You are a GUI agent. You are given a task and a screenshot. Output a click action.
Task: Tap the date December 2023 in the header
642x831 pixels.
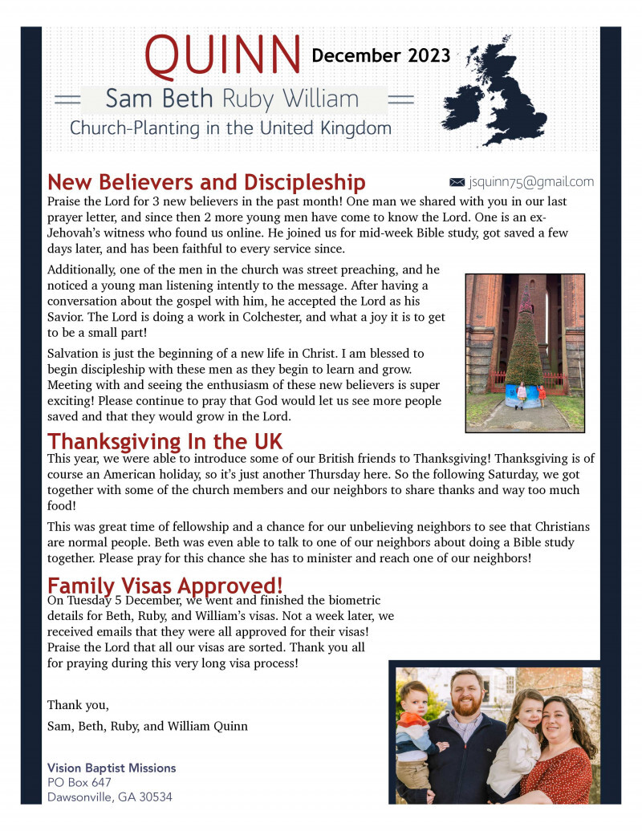pyautogui.click(x=380, y=55)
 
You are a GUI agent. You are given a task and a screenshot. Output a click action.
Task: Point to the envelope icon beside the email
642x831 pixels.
pyautogui.click(x=457, y=182)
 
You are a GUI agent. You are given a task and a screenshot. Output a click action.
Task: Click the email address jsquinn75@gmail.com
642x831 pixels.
pyautogui.click(x=531, y=182)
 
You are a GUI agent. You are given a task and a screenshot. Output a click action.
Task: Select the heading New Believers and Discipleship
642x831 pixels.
pyautogui.click(x=206, y=182)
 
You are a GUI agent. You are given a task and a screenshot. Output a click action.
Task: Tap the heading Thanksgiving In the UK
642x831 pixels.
pyautogui.click(x=165, y=441)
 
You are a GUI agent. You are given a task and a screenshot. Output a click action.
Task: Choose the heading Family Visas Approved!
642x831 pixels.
pyautogui.click(x=165, y=586)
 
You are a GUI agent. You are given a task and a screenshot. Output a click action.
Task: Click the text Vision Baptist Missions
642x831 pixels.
pyautogui.click(x=112, y=768)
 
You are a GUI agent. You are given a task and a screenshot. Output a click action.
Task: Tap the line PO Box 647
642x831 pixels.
pyautogui.click(x=79, y=782)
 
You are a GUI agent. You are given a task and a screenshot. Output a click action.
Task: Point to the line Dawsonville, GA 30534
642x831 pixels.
pyautogui.click(x=110, y=797)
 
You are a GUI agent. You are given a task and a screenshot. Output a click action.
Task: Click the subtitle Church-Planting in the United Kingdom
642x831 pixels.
pyautogui.click(x=230, y=128)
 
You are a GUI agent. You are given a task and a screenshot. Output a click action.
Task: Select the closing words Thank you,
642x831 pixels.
pyautogui.click(x=78, y=705)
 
